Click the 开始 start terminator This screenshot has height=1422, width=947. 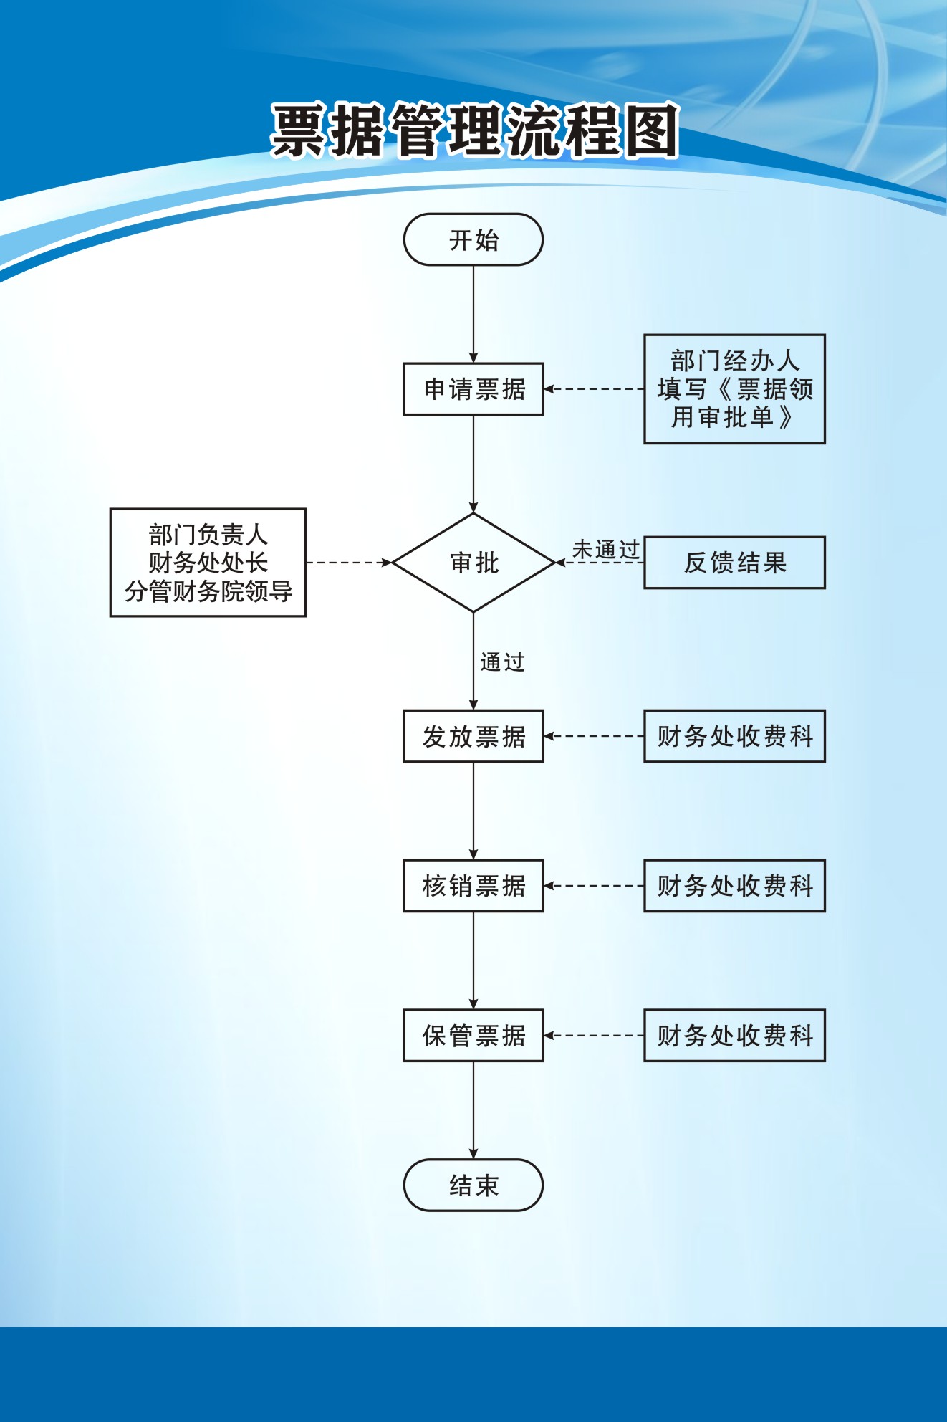point(473,239)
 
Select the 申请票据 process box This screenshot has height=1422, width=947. point(473,389)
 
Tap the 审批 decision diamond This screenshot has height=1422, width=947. point(473,563)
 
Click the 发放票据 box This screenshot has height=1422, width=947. point(473,736)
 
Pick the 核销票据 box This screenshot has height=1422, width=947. point(473,886)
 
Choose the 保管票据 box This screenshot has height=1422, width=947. point(473,1036)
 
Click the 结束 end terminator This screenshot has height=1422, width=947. point(473,1185)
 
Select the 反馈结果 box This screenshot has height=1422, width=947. point(734,563)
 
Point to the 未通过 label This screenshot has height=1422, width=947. point(605,550)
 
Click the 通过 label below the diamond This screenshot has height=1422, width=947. point(502,662)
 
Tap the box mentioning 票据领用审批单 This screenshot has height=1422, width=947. point(734,389)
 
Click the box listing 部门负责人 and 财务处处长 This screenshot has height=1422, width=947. point(208,563)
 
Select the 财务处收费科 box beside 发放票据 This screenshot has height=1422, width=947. point(734,736)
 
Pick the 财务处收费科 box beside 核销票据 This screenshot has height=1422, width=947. point(734,886)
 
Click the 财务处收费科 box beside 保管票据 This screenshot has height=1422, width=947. point(734,1036)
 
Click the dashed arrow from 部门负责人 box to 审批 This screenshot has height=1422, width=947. point(349,563)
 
